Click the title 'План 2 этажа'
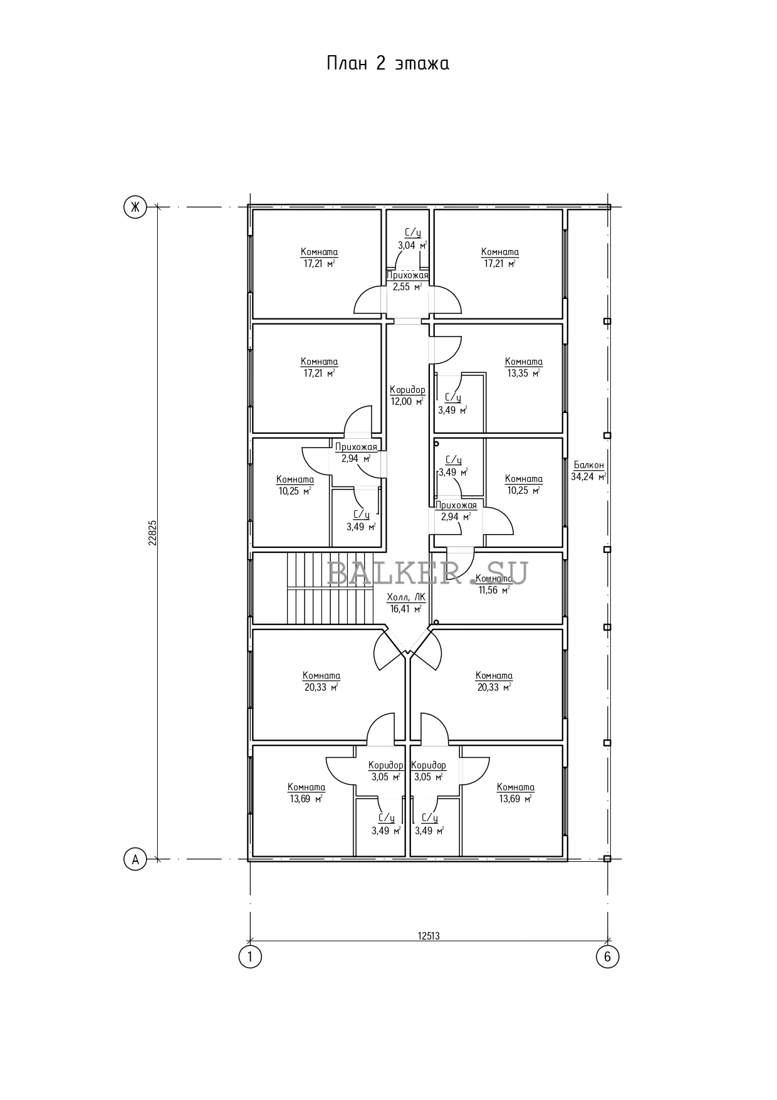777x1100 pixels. click(x=388, y=64)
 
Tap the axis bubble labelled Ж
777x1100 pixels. click(x=134, y=207)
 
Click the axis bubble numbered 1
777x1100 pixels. click(x=250, y=957)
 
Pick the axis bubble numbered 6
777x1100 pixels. click(x=607, y=957)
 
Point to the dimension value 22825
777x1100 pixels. click(x=152, y=533)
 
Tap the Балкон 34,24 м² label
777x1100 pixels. click(x=588, y=471)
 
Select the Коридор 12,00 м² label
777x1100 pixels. click(x=407, y=395)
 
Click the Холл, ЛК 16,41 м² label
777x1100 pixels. click(x=406, y=602)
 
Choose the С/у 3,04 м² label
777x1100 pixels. click(x=412, y=239)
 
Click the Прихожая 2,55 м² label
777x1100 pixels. click(x=407, y=281)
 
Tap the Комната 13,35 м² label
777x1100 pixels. click(x=524, y=367)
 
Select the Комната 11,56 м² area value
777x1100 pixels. click(x=494, y=590)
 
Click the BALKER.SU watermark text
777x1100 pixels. click(x=428, y=572)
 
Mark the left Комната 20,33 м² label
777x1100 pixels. click(x=321, y=681)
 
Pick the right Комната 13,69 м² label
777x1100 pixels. click(x=515, y=793)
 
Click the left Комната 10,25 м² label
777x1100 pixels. click(x=295, y=485)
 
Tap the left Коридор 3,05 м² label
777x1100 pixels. click(x=386, y=771)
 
